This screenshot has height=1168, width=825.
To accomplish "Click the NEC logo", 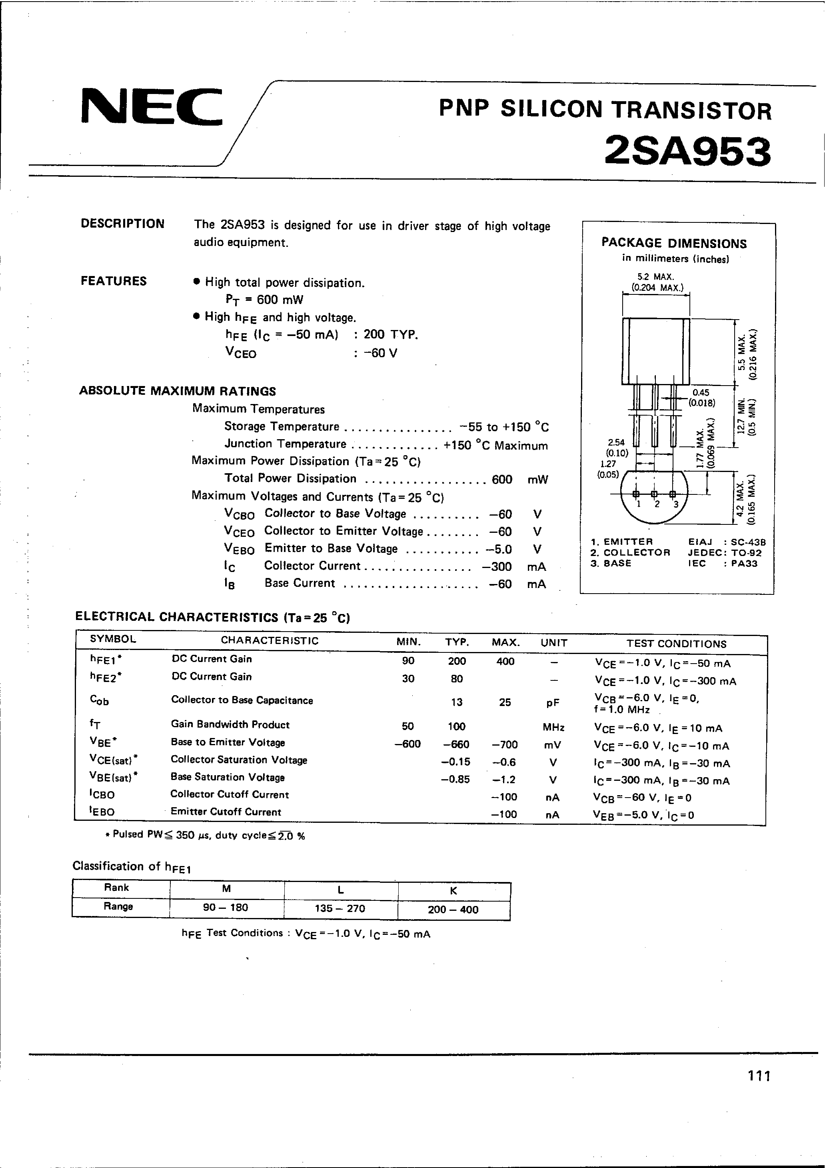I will (152, 107).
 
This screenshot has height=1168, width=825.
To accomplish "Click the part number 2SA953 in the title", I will (688, 152).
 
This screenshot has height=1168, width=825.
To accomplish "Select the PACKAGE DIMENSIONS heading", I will (674, 243).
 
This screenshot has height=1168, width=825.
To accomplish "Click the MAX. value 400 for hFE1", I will (505, 661).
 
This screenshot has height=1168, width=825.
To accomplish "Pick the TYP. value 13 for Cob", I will (457, 702).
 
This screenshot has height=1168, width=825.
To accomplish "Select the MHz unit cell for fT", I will (553, 728).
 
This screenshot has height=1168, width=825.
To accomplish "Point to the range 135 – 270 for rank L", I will (340, 908).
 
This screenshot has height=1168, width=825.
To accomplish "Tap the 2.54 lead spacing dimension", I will (615, 442).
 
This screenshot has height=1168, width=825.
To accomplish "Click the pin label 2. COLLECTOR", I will (630, 552).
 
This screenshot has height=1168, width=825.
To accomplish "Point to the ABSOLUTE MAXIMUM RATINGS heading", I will (178, 391).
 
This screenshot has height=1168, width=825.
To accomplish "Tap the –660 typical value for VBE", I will (456, 744).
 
